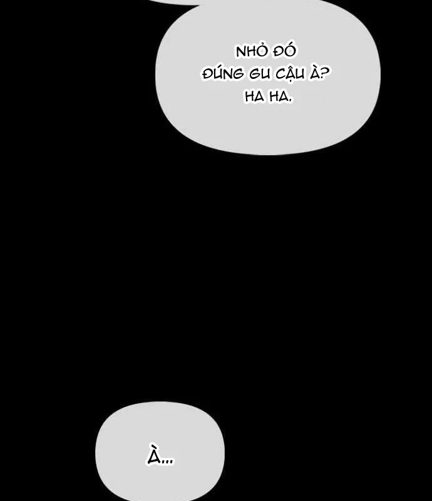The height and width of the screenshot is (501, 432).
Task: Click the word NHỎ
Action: [x=250, y=51]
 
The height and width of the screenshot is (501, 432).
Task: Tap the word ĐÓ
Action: [x=284, y=51]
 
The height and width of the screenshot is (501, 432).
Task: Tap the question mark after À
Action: [x=324, y=74]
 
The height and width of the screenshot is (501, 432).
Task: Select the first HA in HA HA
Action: [x=255, y=96]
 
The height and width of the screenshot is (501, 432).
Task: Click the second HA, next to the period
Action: [x=279, y=96]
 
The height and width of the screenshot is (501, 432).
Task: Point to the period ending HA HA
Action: [x=290, y=101]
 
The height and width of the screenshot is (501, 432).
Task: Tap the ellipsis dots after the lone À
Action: [x=167, y=462]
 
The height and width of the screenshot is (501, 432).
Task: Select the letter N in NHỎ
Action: [x=240, y=53]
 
